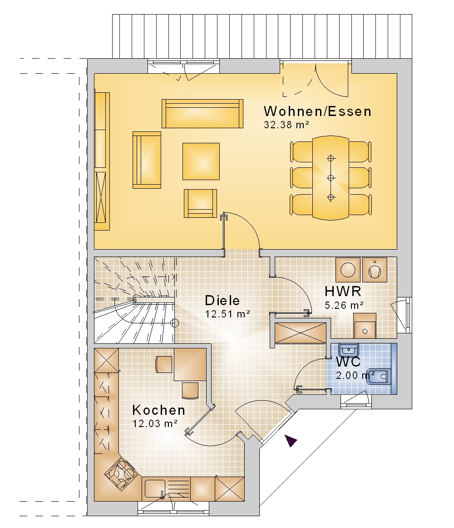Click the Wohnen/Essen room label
point(317,111)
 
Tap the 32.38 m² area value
point(286,125)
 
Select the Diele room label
point(222,300)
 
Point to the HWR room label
point(343,291)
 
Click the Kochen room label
point(158,410)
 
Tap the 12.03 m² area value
point(155,423)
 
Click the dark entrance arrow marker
point(291,440)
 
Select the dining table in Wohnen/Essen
point(331,178)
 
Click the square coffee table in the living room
point(201,161)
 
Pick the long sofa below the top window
point(202,114)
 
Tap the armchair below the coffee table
point(200,203)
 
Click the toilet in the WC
point(379,377)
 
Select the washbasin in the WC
point(349,350)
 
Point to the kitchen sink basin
point(155,489)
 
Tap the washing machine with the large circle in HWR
point(348,270)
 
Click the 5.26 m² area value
point(344,305)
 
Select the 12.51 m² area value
point(227,314)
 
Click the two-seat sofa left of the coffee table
point(147,160)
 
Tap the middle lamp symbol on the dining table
point(331,178)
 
